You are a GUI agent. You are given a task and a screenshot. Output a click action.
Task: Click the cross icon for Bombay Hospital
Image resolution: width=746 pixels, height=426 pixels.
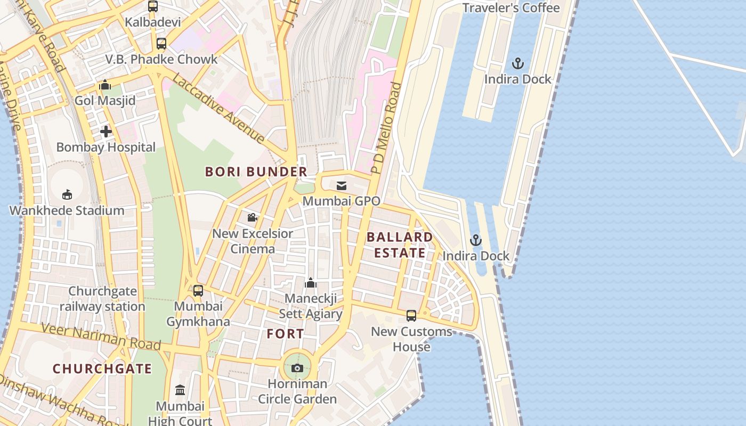click(106, 131)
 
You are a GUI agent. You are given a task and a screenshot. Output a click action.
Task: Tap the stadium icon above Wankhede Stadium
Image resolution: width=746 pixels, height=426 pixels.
click(67, 194)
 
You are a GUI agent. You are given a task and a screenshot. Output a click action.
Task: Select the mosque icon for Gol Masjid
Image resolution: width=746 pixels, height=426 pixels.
click(105, 85)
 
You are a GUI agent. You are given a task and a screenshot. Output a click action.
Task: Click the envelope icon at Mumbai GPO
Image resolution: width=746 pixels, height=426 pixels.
click(341, 186)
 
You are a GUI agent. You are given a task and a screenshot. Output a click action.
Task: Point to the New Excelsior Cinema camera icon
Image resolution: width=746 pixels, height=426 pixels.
click(252, 218)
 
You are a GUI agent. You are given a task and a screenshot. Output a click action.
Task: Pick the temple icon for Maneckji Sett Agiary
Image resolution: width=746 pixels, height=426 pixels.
click(311, 283)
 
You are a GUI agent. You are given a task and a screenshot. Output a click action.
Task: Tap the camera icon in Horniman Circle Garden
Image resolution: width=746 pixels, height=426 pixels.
click(297, 368)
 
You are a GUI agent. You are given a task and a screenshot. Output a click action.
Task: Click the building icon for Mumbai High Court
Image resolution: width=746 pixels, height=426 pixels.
click(180, 390)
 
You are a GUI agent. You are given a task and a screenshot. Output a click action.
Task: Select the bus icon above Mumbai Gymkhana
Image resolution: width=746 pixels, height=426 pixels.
click(198, 291)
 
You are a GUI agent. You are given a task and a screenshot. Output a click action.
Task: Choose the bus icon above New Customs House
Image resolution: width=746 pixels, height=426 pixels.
click(411, 316)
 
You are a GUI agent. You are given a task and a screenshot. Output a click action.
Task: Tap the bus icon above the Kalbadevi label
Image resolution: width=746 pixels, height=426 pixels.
click(153, 6)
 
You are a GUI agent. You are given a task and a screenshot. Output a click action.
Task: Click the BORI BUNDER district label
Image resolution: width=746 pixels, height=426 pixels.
click(256, 172)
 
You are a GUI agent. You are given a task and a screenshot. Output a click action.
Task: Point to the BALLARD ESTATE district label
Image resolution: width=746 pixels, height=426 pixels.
click(400, 245)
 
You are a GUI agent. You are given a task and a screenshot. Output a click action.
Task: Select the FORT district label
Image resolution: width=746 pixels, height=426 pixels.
click(286, 334)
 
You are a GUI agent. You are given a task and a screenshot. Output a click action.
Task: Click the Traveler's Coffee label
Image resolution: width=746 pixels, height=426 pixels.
click(510, 8)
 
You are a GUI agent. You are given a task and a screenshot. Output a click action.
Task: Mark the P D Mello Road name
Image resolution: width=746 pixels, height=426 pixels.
click(386, 128)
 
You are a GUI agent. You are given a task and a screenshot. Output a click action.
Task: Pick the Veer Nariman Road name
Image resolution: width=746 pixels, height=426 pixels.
click(101, 337)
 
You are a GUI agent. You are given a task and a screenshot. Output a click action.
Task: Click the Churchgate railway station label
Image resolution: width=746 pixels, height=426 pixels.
click(102, 299)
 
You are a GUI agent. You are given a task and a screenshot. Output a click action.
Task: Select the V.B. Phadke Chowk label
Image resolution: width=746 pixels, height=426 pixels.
click(161, 60)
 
